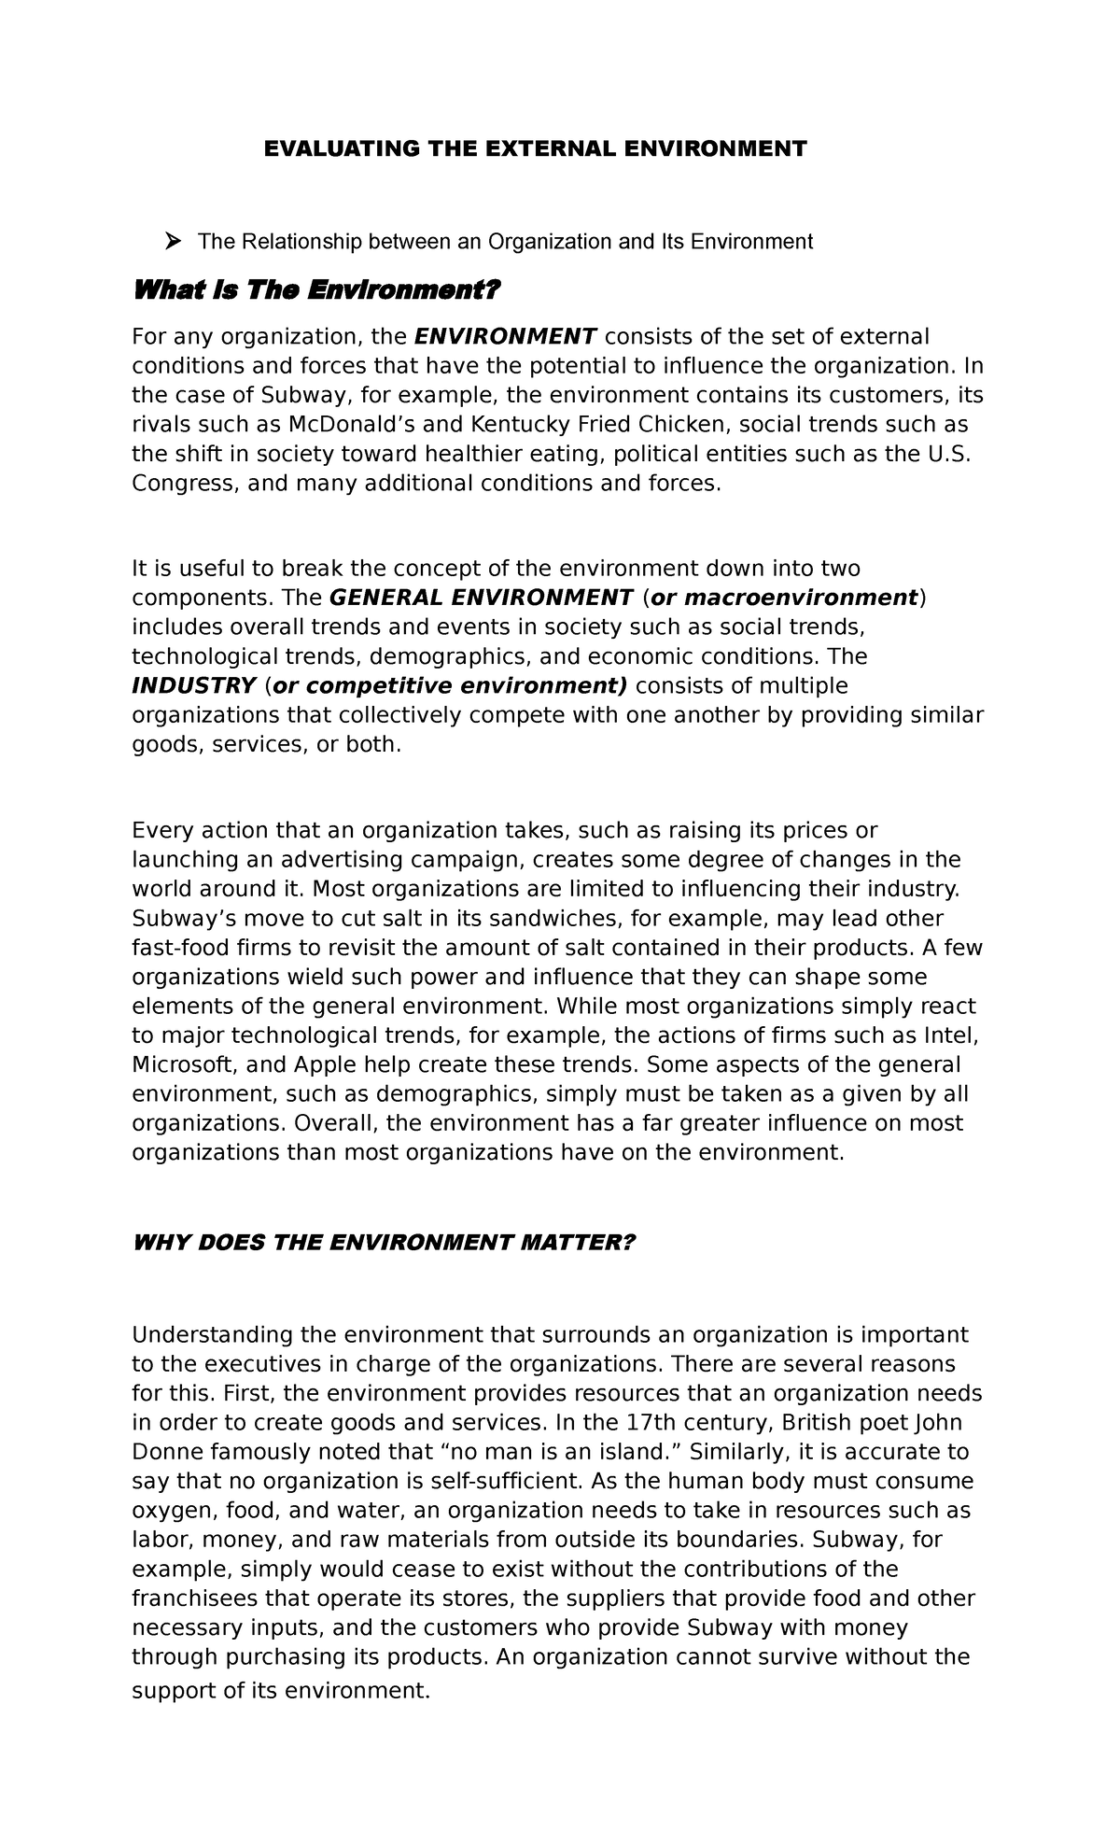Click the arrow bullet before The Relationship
[172, 242]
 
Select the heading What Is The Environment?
[316, 291]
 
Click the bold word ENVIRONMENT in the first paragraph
[505, 336]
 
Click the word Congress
[182, 484]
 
